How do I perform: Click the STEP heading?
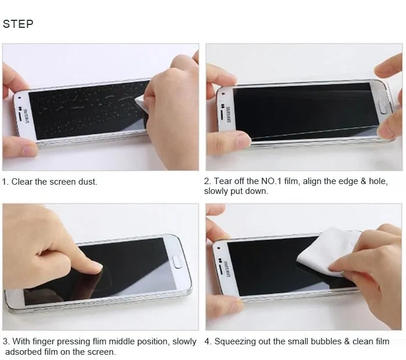(x=19, y=24)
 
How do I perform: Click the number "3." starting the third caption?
(x=6, y=341)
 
